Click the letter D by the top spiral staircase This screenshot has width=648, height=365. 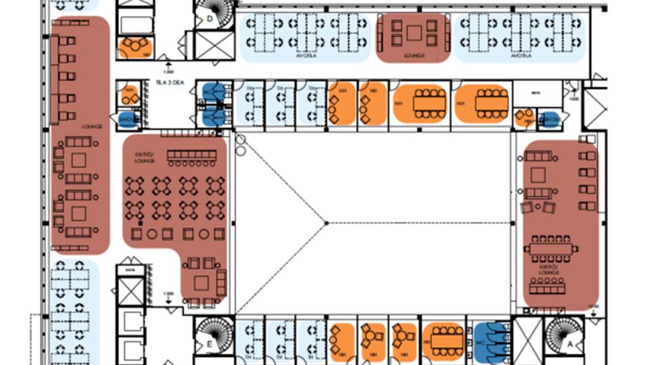click(x=209, y=19)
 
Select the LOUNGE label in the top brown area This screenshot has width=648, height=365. click(x=414, y=56)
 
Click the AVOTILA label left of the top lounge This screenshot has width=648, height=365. click(x=305, y=56)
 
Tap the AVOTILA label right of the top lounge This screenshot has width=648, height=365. click(x=520, y=56)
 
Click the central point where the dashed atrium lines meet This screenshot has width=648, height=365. click(x=326, y=223)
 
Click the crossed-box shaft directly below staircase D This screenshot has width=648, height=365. click(x=214, y=45)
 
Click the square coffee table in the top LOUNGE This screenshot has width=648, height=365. click(x=414, y=32)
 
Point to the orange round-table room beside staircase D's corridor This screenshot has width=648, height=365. click(x=135, y=46)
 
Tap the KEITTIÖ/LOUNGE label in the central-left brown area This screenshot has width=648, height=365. click(x=144, y=158)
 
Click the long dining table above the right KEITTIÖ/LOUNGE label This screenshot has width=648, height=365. click(x=550, y=249)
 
